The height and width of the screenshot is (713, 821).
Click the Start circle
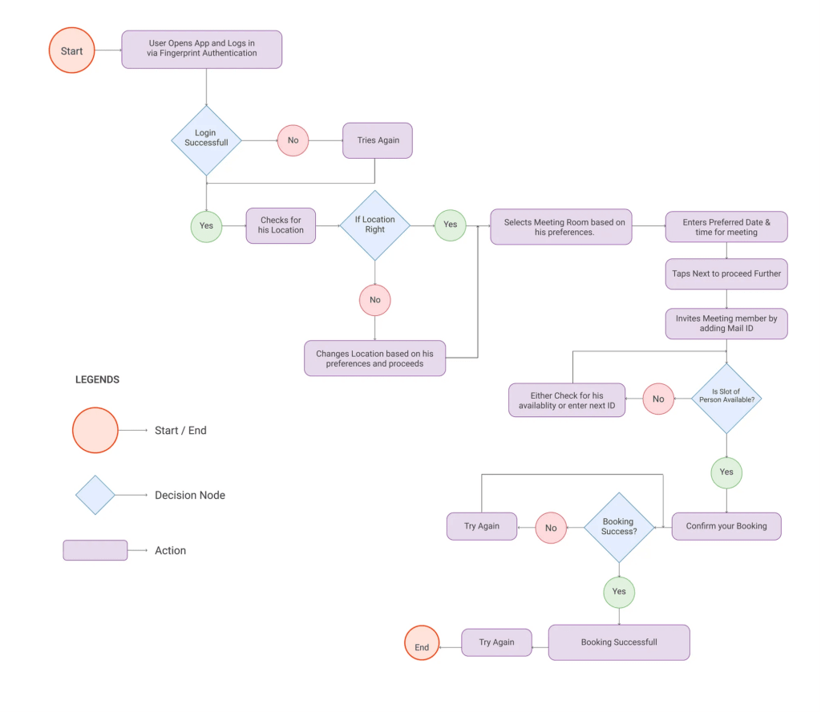pyautogui.click(x=71, y=51)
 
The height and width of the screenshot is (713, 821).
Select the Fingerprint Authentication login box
pyautogui.click(x=202, y=49)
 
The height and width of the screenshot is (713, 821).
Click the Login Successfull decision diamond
pyautogui.click(x=206, y=140)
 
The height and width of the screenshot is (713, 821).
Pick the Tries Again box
pyautogui.click(x=378, y=140)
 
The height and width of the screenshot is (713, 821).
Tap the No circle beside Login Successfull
pyautogui.click(x=293, y=140)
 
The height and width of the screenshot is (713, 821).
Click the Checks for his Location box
pyautogui.click(x=281, y=225)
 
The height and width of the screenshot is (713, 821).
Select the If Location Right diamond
pyautogui.click(x=374, y=225)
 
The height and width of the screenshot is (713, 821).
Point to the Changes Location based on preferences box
pyautogui.click(x=374, y=358)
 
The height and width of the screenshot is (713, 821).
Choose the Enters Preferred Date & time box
pyautogui.click(x=726, y=227)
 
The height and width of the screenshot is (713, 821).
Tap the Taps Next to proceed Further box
pyautogui.click(x=726, y=273)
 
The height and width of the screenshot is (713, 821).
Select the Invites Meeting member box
pyautogui.click(x=726, y=324)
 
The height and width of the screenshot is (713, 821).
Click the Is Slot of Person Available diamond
pyautogui.click(x=726, y=399)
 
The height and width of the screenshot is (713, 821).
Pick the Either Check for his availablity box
pyautogui.click(x=567, y=399)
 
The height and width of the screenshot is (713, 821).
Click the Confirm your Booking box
pyautogui.click(x=726, y=526)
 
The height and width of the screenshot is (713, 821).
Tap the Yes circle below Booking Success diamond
pyautogui.click(x=619, y=592)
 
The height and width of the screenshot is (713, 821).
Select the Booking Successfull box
pyautogui.click(x=619, y=642)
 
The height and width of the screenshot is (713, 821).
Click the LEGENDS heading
pyautogui.click(x=97, y=379)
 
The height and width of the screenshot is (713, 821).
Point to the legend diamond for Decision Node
pyautogui.click(x=95, y=495)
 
